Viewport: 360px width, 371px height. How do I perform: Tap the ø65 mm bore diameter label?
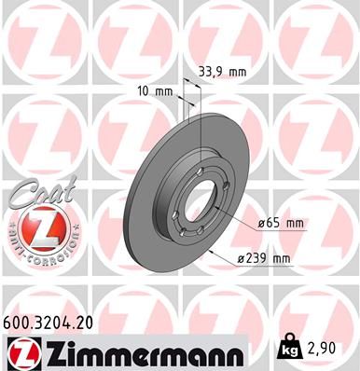tap(283, 224)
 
